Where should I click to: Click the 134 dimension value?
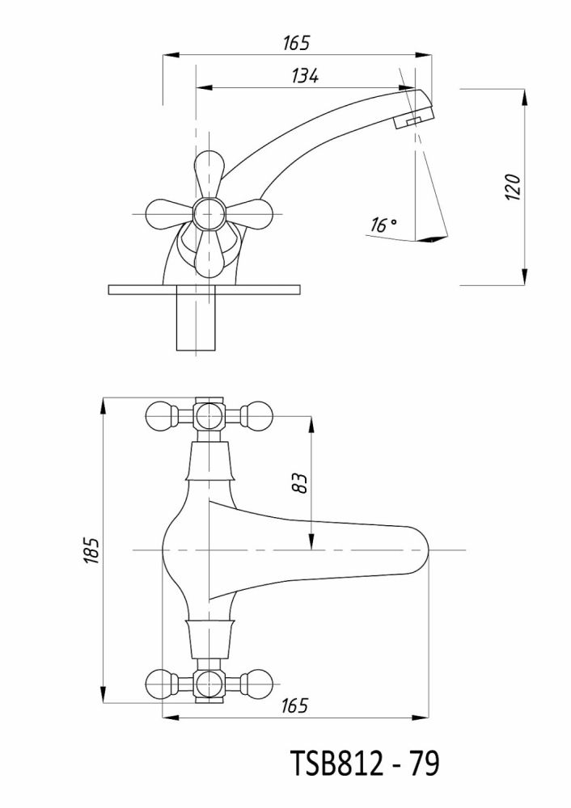(305, 76)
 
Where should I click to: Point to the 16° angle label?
(383, 225)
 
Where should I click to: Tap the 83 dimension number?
(299, 483)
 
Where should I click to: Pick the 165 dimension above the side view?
(297, 43)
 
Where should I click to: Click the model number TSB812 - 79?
(365, 763)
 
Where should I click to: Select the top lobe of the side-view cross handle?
(209, 170)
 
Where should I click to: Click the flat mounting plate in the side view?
(204, 290)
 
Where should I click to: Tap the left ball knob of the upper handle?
(159, 417)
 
